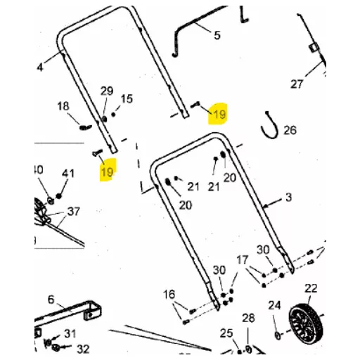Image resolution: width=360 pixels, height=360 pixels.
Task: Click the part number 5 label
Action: (217, 35)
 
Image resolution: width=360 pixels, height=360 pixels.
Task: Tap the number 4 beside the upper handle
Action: (40, 67)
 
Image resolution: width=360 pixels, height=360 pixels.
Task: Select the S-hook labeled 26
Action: (269, 125)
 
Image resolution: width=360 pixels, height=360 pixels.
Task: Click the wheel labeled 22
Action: (306, 321)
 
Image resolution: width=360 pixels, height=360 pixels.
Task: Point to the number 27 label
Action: (297, 84)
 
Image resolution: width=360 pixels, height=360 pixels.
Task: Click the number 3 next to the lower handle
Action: (288, 197)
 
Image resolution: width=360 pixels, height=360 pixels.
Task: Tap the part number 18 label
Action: (63, 106)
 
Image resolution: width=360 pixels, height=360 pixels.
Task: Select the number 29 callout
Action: (107, 91)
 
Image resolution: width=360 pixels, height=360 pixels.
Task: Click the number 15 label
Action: (127, 98)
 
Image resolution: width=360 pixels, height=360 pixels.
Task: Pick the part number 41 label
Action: (68, 173)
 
